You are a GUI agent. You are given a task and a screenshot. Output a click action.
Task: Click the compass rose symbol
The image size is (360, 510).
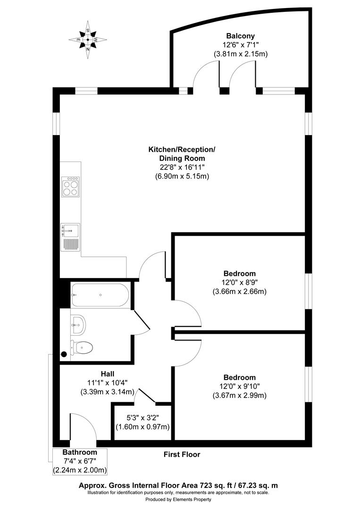pyautogui.click(x=88, y=40)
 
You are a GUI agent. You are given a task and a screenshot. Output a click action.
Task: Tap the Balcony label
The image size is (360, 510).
pyautogui.click(x=241, y=36)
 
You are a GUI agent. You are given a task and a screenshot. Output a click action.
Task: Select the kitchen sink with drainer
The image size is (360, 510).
pyautogui.click(x=70, y=237)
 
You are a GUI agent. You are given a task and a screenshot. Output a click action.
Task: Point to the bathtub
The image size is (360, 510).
pyautogui.click(x=100, y=295)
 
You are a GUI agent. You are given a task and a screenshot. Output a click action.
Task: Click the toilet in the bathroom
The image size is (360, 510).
pyautogui.click(x=82, y=348)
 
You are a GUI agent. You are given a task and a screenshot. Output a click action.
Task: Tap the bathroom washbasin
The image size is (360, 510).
pyautogui.click(x=78, y=324)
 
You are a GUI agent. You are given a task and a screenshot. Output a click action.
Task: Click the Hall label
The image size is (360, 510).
pyautogui.click(x=107, y=374)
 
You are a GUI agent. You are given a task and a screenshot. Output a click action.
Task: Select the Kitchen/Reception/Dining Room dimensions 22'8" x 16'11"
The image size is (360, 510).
pyautogui.click(x=182, y=167)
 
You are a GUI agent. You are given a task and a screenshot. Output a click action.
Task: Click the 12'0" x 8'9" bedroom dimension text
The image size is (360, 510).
pyautogui.click(x=240, y=282)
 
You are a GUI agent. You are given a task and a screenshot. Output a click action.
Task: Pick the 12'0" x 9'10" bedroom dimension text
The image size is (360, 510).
pyautogui.click(x=240, y=386)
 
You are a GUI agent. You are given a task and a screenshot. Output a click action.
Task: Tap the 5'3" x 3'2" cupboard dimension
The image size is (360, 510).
pyautogui.click(x=143, y=417)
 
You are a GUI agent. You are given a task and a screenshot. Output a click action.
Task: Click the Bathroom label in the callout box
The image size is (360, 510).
pyautogui.click(x=80, y=452)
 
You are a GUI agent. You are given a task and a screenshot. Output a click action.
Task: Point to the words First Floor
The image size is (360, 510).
pyautogui.click(x=182, y=454)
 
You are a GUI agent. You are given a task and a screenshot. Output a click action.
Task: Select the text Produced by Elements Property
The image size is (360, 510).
pyautogui.click(x=178, y=499)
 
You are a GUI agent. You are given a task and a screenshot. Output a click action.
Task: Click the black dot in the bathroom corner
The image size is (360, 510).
pyautogui.click(x=64, y=354)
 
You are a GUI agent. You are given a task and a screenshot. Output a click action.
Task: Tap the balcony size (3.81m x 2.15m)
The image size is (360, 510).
pyautogui.click(x=241, y=54)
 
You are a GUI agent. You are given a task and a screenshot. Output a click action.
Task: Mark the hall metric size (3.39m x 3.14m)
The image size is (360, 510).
pyautogui.click(x=107, y=392)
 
